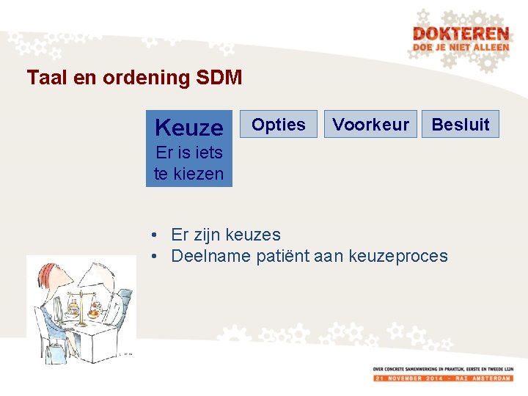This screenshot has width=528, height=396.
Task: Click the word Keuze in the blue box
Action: click(x=189, y=128)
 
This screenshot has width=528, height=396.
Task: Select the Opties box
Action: click(x=279, y=125)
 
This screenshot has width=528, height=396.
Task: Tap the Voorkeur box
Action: click(x=371, y=125)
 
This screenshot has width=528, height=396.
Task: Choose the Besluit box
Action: click(x=461, y=125)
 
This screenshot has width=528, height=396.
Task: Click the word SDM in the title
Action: click(x=219, y=77)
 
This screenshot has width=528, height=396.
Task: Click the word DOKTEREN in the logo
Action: click(x=460, y=34)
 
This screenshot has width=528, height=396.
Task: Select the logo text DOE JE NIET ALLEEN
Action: click(x=460, y=47)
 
